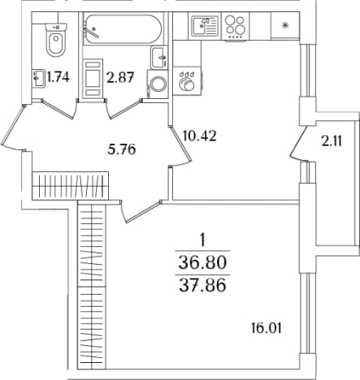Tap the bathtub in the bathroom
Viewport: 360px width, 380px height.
coord(124,28)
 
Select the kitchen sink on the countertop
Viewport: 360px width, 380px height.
coord(205,26)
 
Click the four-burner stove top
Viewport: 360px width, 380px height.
coord(236,28)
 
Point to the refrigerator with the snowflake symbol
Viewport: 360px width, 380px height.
coord(285,26)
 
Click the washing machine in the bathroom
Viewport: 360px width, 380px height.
coord(158,84)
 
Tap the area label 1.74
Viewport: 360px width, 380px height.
coord(58,77)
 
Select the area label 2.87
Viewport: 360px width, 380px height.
coord(120,77)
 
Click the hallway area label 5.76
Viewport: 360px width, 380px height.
coord(121,149)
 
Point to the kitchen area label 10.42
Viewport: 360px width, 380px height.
coord(200,136)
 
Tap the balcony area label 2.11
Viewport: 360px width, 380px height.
coord(332,141)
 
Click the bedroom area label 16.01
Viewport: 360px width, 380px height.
coord(267,328)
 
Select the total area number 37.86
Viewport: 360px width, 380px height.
coord(202,286)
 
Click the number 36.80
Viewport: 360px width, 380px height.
coord(202,262)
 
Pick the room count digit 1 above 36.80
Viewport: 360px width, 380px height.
coord(202,240)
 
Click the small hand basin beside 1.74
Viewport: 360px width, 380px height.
coord(38,78)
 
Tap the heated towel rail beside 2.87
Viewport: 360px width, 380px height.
coord(93,79)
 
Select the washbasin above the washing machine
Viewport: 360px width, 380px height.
coord(158,58)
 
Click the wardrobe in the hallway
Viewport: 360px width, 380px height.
coord(71,185)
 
